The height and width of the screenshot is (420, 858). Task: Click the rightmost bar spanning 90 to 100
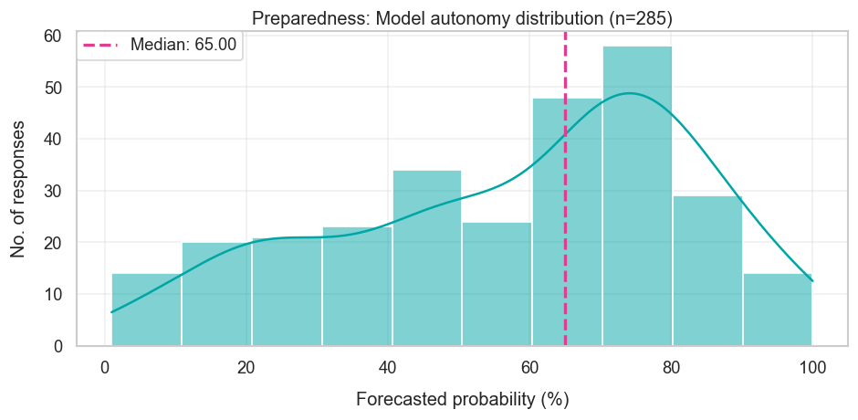tap(777, 310)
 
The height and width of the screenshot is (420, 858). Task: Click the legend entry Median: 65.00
tap(183, 45)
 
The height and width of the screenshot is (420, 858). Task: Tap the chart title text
tap(462, 18)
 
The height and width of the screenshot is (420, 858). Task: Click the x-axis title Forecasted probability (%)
tap(462, 400)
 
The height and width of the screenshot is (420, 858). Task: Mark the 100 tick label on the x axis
tap(812, 368)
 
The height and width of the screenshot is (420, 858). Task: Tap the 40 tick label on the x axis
tap(388, 368)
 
